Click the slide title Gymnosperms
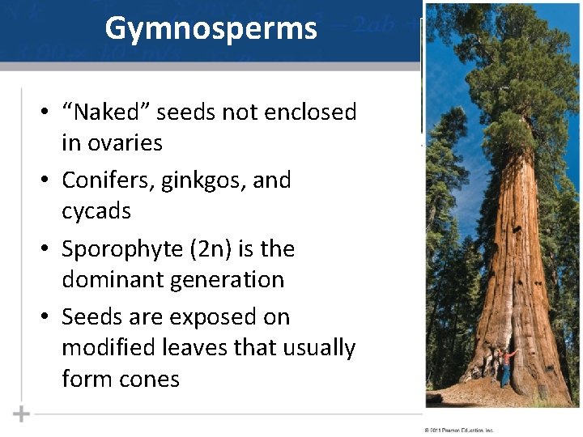pos(211,28)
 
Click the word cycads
pos(96,211)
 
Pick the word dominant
pos(114,280)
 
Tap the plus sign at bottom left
pos(21,414)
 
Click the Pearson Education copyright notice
pos(458,431)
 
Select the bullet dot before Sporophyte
pos(49,249)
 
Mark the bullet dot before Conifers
pos(49,180)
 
